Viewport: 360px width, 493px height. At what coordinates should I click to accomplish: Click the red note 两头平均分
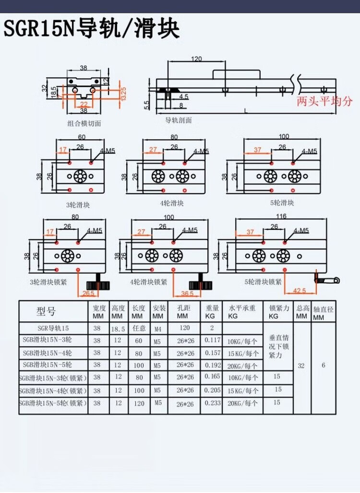pos(324,101)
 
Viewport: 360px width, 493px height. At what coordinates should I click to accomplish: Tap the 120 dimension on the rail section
pos(196,59)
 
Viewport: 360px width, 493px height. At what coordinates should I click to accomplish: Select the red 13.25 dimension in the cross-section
pos(123,94)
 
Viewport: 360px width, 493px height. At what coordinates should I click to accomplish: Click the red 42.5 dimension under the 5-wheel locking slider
pos(300,290)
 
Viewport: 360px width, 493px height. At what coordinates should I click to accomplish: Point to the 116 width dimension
pos(281,217)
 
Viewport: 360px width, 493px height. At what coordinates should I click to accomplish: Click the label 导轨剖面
pos(179,120)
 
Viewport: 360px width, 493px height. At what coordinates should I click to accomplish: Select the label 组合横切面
pos(84,123)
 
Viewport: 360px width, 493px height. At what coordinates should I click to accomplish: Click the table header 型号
pos(46,312)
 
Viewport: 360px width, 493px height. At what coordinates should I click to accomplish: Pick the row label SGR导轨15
pos(53,329)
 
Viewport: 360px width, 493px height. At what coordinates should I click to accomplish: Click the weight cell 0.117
pos(213,340)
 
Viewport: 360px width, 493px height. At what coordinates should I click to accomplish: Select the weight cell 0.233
pos(213,403)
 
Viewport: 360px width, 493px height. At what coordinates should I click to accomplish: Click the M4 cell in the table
pos(158,329)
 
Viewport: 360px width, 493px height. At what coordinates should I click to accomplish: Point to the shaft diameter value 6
pos(324,365)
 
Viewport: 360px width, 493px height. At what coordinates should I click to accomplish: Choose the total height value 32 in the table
pos(301,365)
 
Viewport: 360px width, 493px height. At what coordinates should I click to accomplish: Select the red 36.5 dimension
pos(187,293)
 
